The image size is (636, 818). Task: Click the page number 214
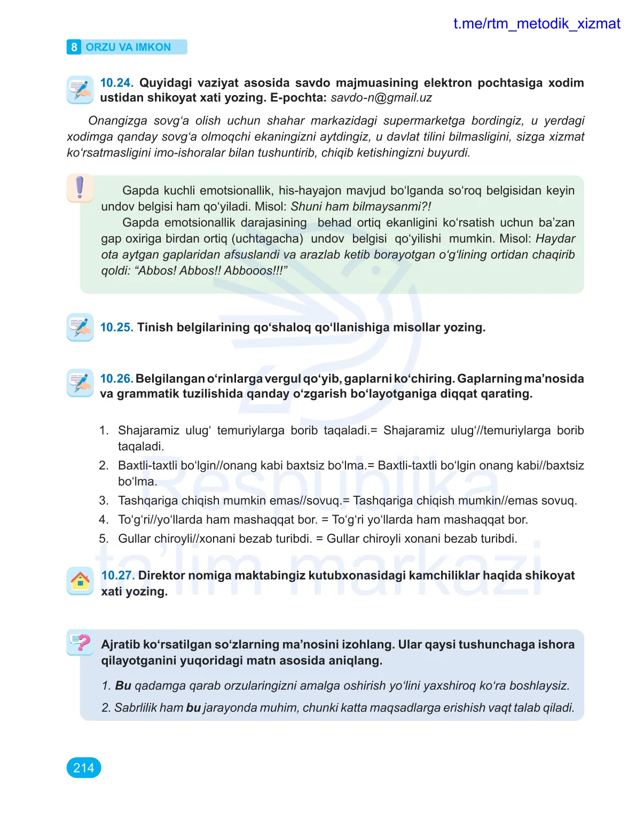tap(84, 768)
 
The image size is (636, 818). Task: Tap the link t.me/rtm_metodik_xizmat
tap(536, 24)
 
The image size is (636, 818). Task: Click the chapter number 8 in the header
tap(74, 47)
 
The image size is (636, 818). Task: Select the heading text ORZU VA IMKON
tap(128, 47)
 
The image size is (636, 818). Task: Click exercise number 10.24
tap(116, 83)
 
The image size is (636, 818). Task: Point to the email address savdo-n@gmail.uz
tap(381, 98)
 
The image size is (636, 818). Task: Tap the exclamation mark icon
tap(80, 188)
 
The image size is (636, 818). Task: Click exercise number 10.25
tap(116, 328)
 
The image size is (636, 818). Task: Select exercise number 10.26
tap(116, 379)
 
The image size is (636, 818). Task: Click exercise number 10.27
tap(117, 575)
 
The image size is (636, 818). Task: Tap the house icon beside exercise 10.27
tap(80, 581)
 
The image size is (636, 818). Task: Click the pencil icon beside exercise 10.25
tap(80, 327)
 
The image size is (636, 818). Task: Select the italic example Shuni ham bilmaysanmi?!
tap(360, 207)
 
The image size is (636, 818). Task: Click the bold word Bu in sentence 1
tap(123, 686)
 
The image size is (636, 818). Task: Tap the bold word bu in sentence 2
tap(193, 708)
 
